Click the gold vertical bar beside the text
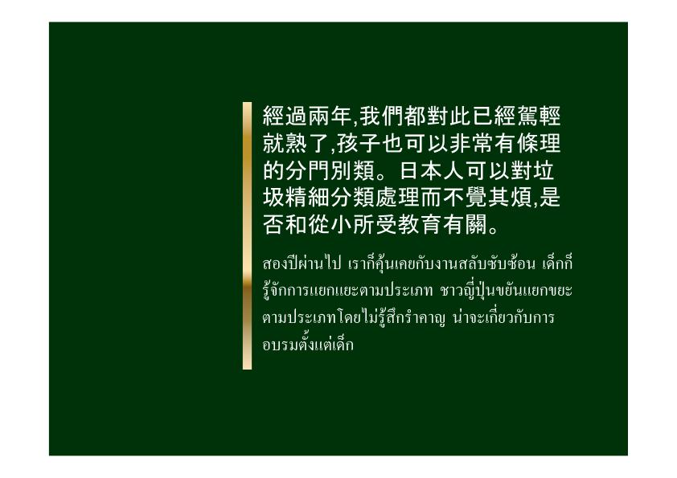point(247,235)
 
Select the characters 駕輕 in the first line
point(539,116)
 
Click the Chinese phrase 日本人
point(433,170)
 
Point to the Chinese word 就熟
point(285,143)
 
